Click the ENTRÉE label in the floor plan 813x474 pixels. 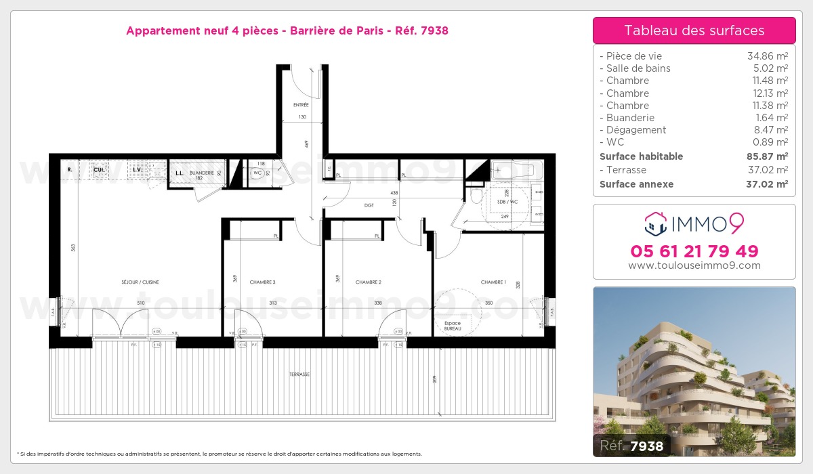click(x=301, y=105)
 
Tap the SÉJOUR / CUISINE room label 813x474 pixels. click(x=140, y=282)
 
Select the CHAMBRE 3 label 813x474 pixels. click(x=262, y=282)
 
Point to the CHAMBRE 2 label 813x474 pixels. click(x=369, y=282)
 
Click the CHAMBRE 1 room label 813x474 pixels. click(x=493, y=282)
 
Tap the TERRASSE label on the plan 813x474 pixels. click(x=299, y=374)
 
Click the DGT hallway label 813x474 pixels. click(x=369, y=205)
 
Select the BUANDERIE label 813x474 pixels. click(x=202, y=173)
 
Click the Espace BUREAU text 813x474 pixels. click(x=453, y=326)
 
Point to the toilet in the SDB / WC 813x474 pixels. click(x=476, y=196)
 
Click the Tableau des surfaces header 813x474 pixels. click(x=694, y=30)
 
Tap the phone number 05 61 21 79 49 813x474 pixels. click(x=694, y=251)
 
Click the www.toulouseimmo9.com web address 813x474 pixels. click(x=694, y=265)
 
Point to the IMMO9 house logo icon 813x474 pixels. click(x=655, y=221)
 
